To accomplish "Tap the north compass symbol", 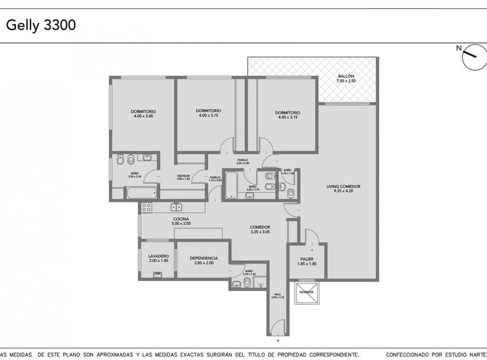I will point(474,58).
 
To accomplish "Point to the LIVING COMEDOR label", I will point(343,187).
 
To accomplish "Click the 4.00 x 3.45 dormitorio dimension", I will point(144,116).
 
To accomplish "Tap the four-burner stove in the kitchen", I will point(146,207).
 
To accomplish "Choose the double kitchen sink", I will point(175,207).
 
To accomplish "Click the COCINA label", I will point(181,219).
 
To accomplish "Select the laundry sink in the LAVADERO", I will point(157,274).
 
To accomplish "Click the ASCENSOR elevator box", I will point(306,292).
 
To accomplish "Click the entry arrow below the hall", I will point(277,341).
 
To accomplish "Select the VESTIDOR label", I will point(184,175).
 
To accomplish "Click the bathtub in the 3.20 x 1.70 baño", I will point(231,186).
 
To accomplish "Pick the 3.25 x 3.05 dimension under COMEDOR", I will point(260,232).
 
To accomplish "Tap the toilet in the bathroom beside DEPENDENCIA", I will point(247,283).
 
